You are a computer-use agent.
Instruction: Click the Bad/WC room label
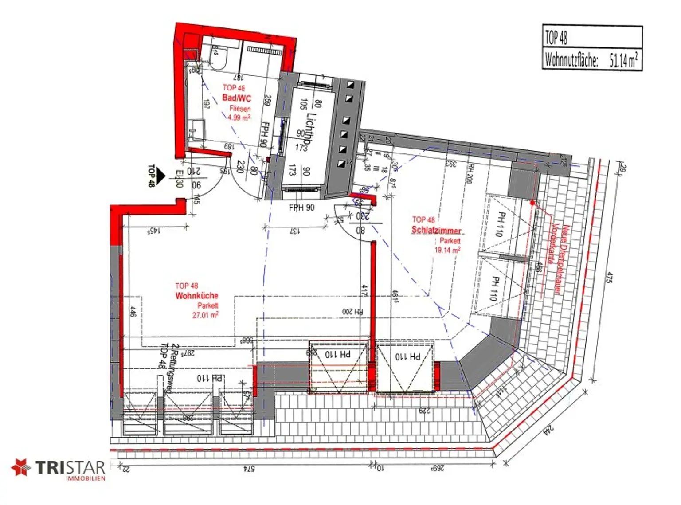(236, 98)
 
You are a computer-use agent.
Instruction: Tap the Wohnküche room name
(197, 296)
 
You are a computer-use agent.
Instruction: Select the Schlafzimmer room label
(436, 230)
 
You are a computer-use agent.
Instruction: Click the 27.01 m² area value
(205, 315)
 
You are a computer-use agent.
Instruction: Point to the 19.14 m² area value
(447, 250)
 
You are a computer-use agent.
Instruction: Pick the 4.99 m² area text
(239, 117)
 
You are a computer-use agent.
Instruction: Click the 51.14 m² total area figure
(623, 60)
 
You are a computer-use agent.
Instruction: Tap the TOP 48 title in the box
(556, 37)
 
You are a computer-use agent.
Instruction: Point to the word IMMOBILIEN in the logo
(85, 478)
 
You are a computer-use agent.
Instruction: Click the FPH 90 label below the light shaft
(301, 207)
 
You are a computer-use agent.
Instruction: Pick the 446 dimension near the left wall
(133, 312)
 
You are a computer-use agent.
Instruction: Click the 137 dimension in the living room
(294, 231)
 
